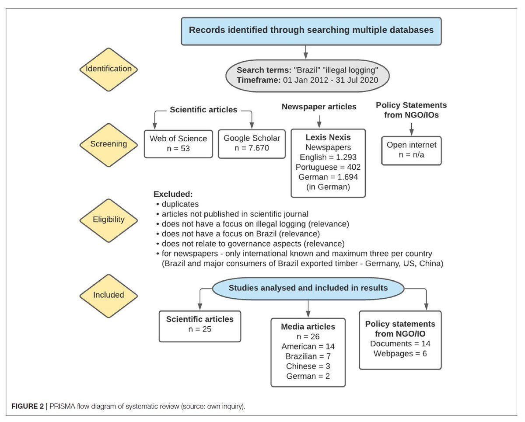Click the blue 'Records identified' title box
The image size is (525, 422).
pyautogui.click(x=311, y=31)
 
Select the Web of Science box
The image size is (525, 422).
pyautogui.click(x=178, y=143)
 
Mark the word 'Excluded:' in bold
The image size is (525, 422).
pyautogui.click(x=173, y=194)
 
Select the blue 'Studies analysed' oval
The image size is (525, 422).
pyautogui.click(x=308, y=288)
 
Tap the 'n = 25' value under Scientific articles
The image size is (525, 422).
pyautogui.click(x=199, y=329)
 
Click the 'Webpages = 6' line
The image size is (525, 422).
pyautogui.click(x=400, y=353)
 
